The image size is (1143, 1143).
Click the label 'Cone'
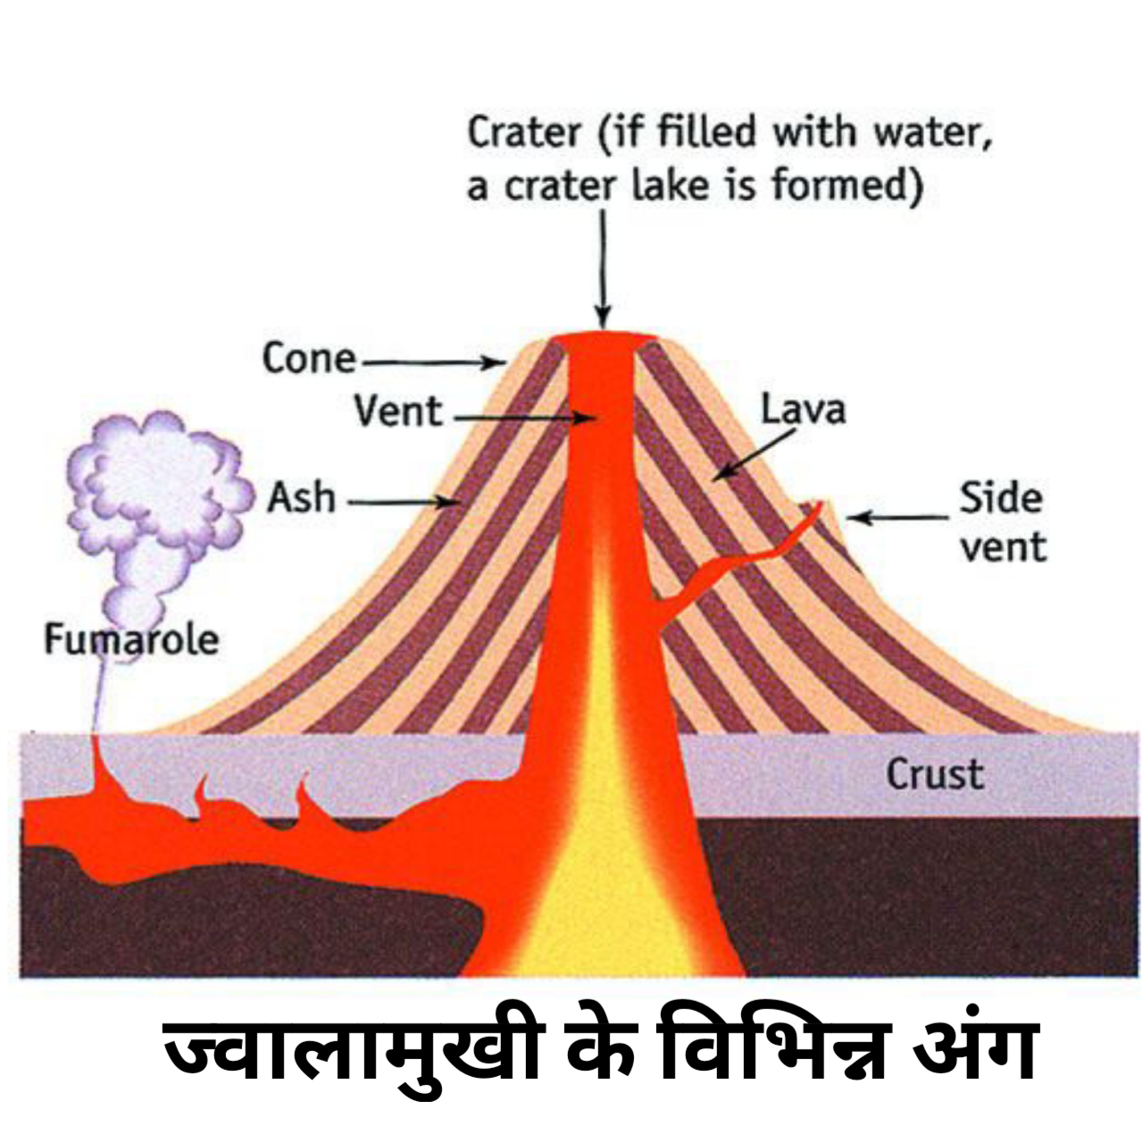pos(308,359)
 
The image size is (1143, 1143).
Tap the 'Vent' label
pos(397,413)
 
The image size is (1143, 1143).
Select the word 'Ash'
pos(302,498)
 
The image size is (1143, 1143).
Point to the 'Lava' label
pos(803,410)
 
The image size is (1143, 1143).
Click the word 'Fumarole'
pos(131,639)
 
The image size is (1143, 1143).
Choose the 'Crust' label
pos(934,774)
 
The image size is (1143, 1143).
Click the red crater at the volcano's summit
pos(603,341)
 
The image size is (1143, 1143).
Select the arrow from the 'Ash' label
pos(402,503)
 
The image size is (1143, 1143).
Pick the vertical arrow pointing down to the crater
pos(603,268)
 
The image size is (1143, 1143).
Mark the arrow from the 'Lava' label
pos(755,454)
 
